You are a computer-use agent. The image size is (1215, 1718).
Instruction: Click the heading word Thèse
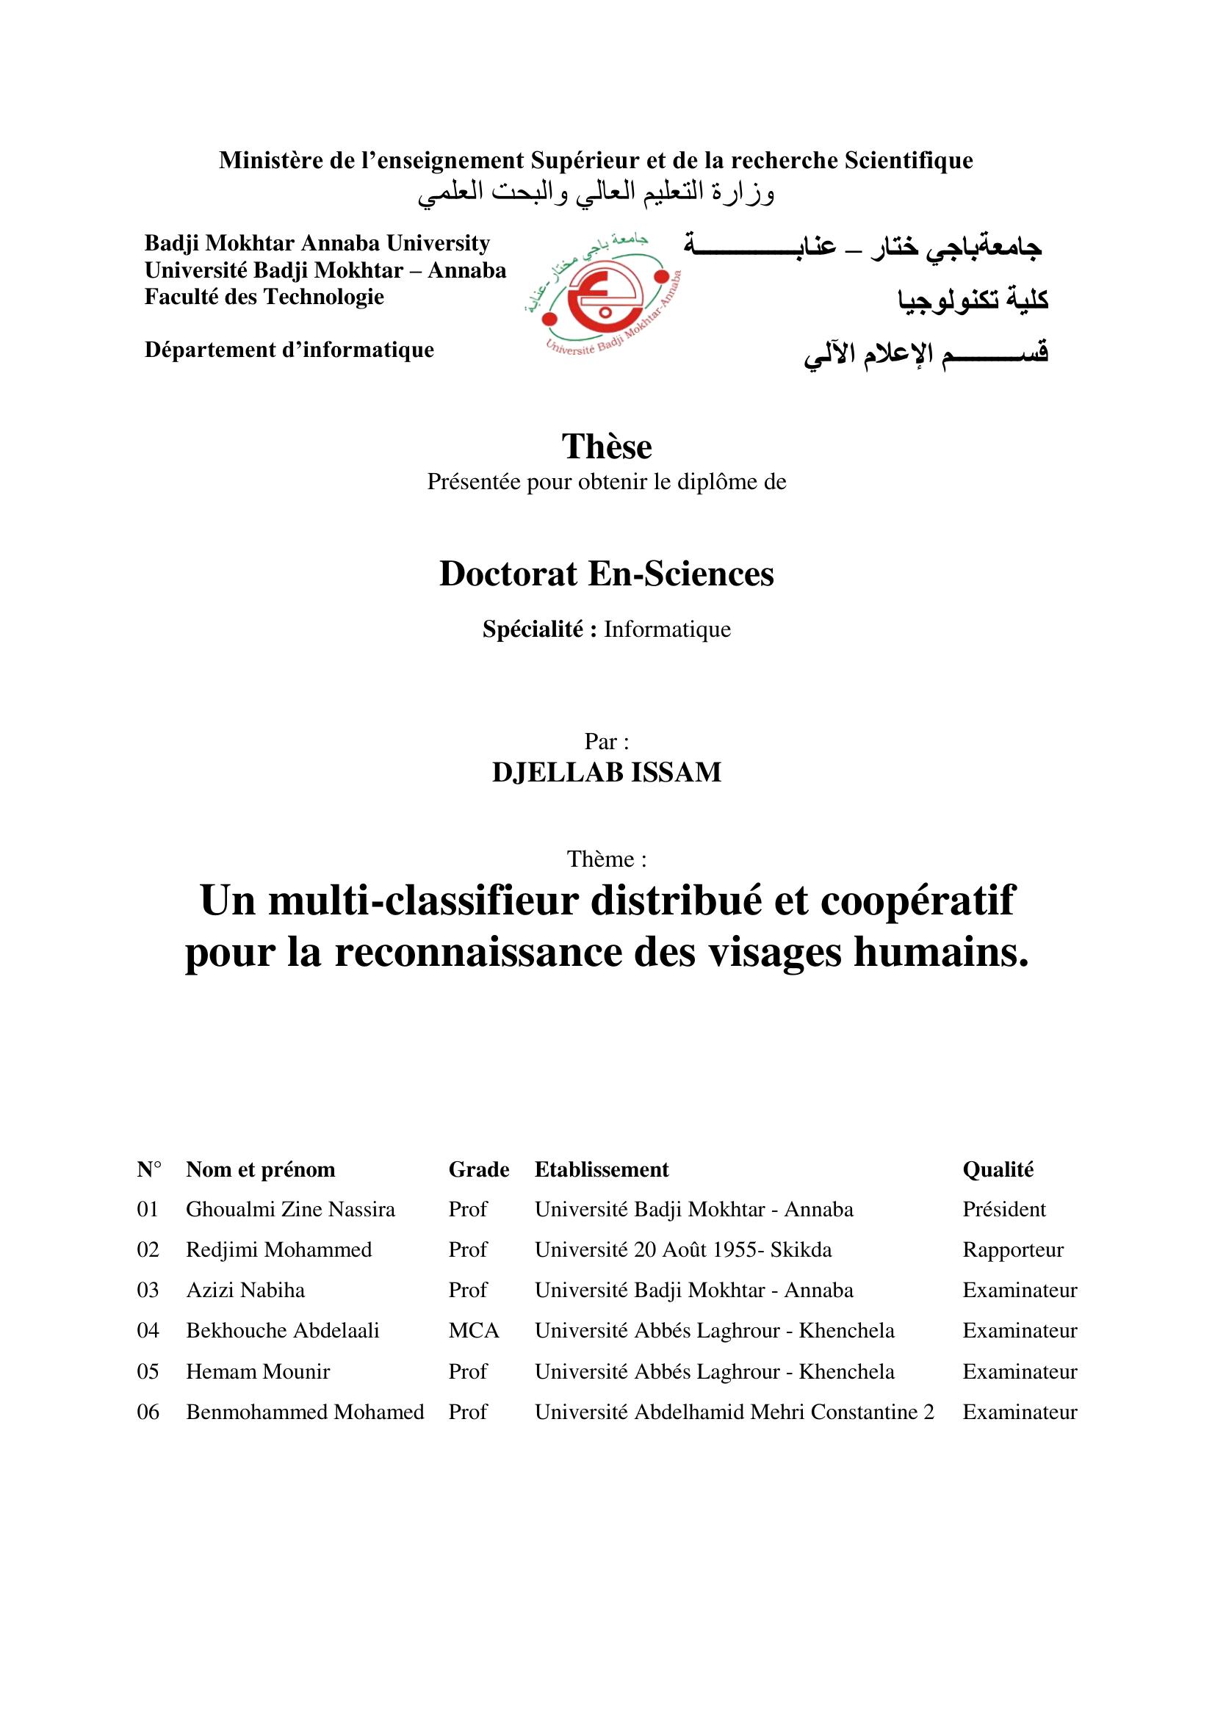(607, 447)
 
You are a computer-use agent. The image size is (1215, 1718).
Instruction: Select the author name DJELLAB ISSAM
(607, 772)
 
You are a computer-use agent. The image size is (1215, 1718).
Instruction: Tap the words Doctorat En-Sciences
(607, 574)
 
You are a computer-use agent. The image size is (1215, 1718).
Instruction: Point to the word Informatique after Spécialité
(666, 629)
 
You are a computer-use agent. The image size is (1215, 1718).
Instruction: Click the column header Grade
(479, 1169)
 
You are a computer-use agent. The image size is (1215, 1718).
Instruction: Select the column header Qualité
(998, 1169)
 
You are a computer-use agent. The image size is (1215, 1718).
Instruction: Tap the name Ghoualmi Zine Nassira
(290, 1210)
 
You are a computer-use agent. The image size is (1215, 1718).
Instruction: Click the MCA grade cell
(474, 1330)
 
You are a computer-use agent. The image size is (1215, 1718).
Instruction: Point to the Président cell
(1004, 1210)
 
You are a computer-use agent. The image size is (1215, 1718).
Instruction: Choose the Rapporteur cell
(1012, 1250)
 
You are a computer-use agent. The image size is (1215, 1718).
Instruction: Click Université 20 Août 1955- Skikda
(683, 1250)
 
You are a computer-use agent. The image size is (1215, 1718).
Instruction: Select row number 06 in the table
(148, 1412)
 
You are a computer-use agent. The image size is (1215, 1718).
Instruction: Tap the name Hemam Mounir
(258, 1371)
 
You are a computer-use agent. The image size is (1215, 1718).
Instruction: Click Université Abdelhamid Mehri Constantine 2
(734, 1412)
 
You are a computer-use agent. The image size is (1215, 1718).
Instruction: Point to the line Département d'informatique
(289, 350)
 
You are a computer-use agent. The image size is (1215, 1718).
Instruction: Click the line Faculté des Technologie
(264, 297)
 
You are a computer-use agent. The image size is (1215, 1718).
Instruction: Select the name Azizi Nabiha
(245, 1290)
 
